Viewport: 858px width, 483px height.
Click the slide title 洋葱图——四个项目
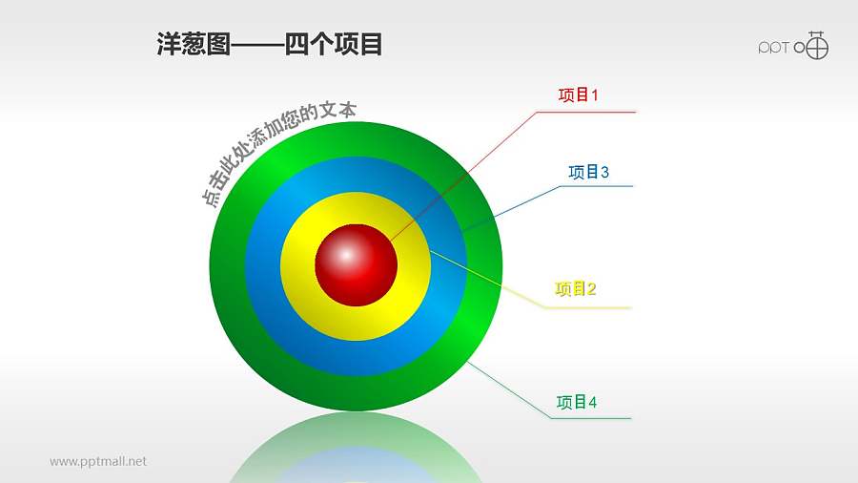269,44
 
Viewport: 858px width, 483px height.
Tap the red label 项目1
578,95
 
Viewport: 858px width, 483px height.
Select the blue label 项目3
588,172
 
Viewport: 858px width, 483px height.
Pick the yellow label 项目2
575,289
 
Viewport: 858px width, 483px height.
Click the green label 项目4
577,403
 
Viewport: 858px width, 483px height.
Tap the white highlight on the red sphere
345,253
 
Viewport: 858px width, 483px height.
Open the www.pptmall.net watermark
98,461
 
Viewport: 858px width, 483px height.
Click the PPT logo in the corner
793,46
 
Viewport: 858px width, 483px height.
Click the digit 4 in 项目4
593,403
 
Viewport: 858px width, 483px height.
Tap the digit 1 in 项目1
594,95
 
